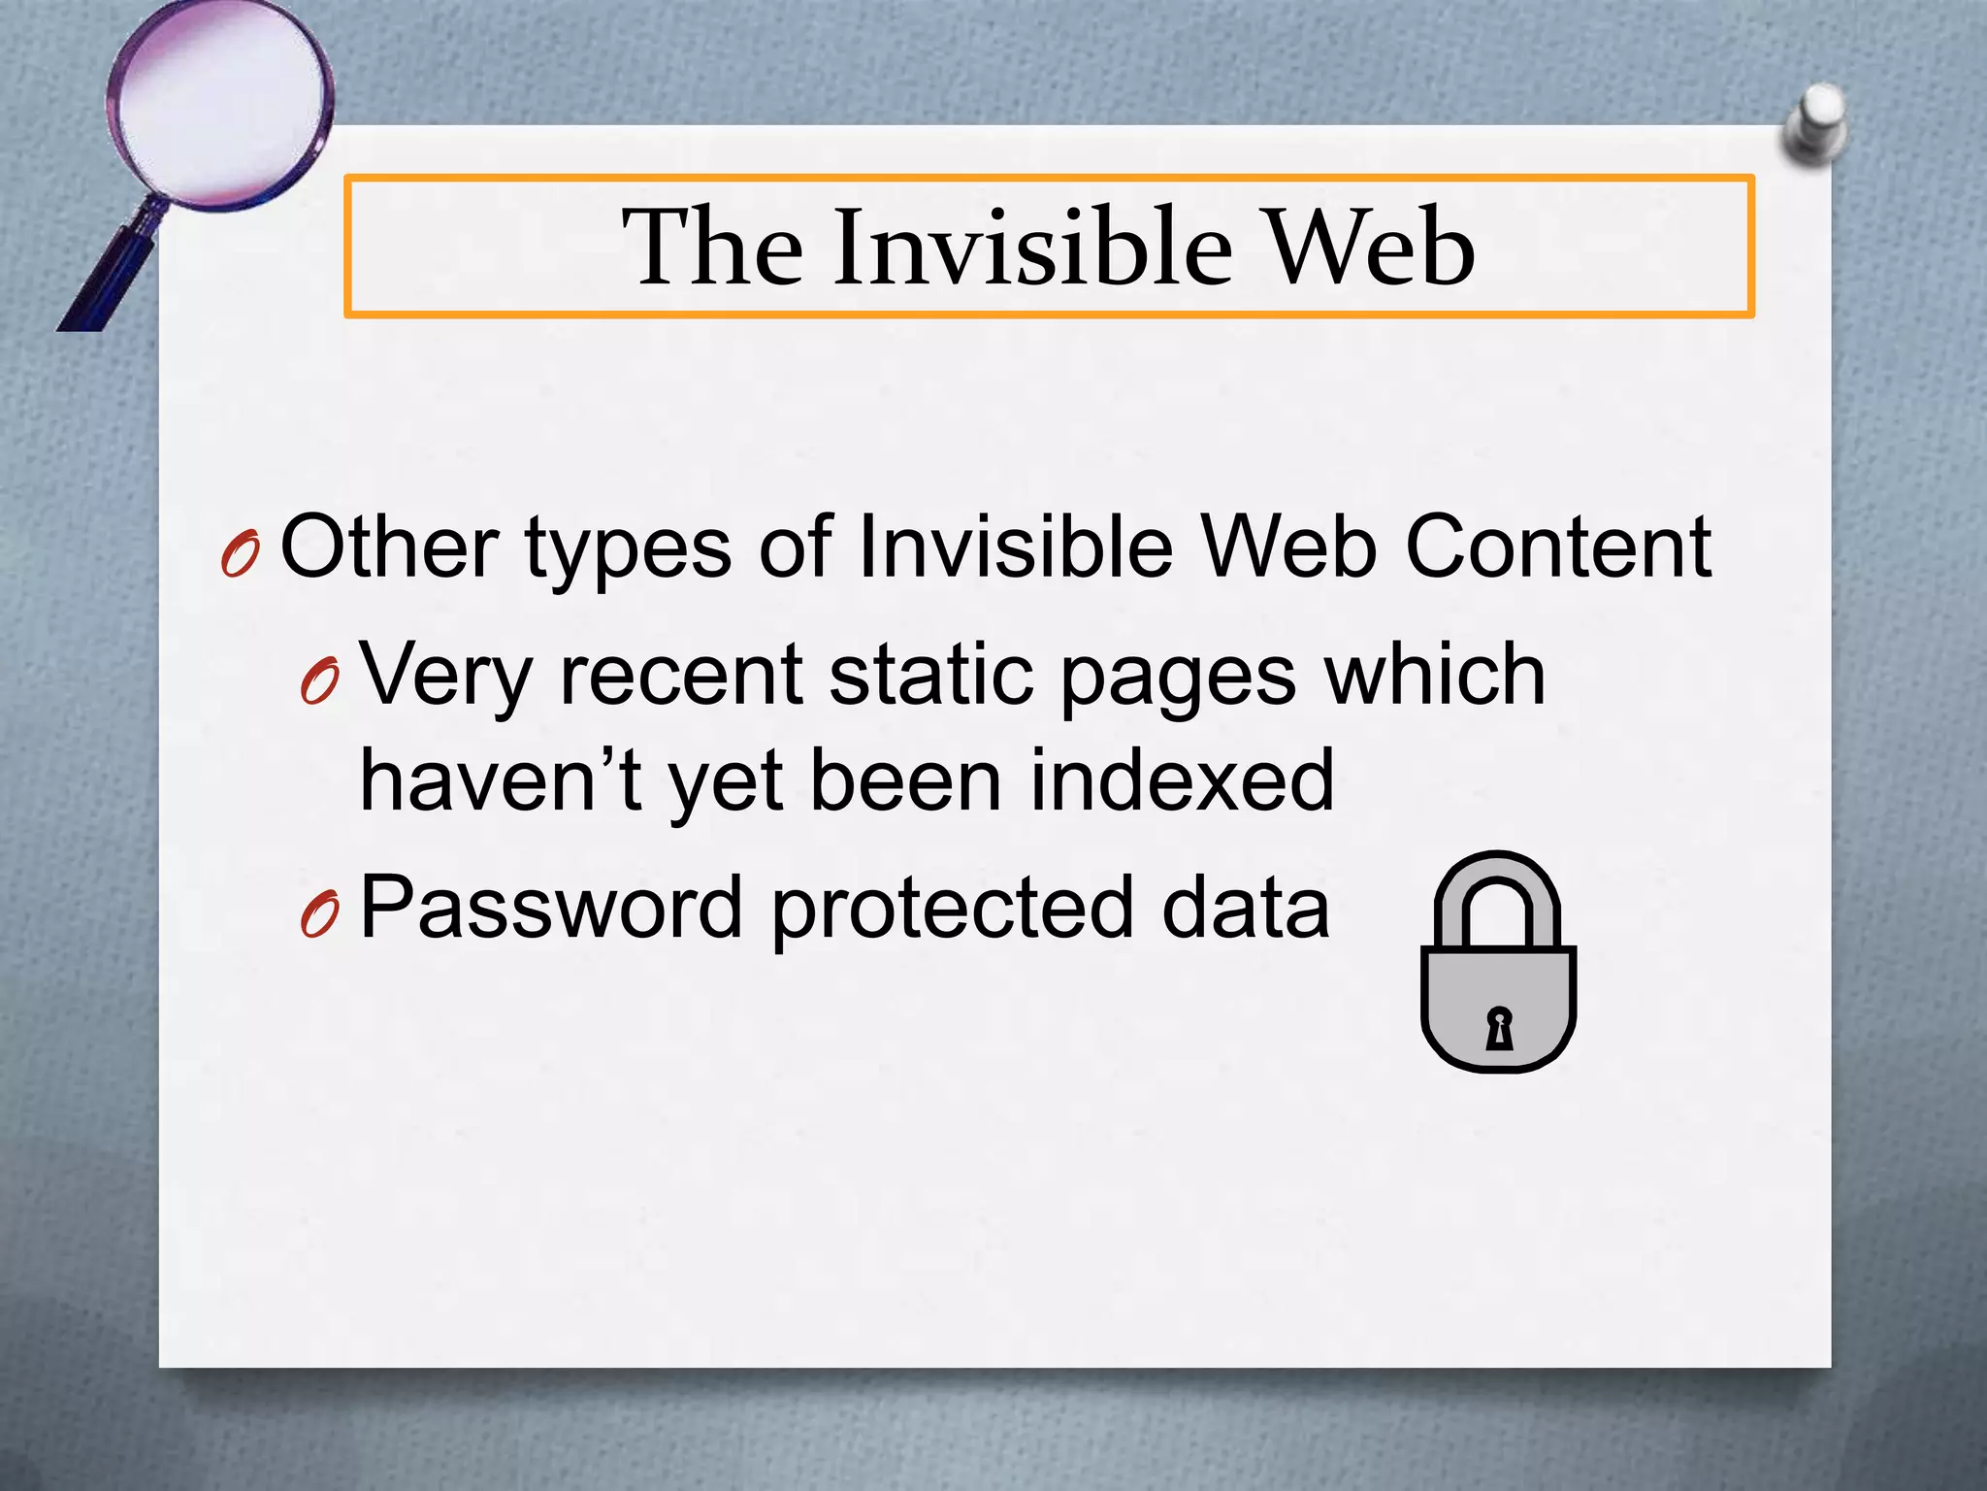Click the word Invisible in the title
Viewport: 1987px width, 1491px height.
(x=1032, y=248)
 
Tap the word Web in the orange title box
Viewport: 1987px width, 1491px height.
(x=1371, y=248)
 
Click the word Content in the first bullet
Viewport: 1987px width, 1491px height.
(x=1558, y=547)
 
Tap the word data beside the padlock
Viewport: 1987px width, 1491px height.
(x=1246, y=909)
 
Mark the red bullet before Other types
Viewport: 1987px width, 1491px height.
(x=240, y=556)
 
